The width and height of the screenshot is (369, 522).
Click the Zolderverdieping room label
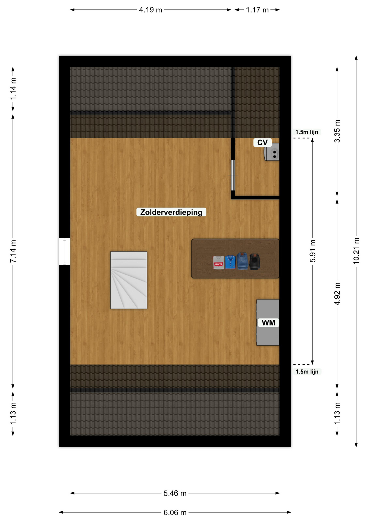coord(171,212)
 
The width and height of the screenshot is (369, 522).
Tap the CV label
coord(262,142)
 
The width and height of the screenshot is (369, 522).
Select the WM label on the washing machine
coord(268,323)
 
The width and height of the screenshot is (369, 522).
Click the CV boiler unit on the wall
coord(272,152)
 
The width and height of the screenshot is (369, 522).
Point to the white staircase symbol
coord(129,280)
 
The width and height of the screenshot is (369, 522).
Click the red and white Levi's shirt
coord(218,263)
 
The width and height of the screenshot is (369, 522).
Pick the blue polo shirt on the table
coord(230,262)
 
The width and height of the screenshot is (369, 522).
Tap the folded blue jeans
coord(242,261)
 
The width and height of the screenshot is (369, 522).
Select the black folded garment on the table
coord(255,262)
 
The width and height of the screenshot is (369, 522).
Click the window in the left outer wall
coord(64,251)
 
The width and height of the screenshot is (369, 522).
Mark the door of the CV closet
coord(233,175)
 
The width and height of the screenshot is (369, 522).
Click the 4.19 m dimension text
coord(151,10)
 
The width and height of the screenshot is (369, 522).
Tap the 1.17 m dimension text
coord(257,10)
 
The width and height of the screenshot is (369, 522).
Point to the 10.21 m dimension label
coord(356,251)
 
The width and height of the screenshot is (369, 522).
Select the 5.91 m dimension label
coord(312,251)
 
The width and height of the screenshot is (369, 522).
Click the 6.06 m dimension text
coord(175,512)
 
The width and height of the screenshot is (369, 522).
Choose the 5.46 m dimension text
coord(175,493)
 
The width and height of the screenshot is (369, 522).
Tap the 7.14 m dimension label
coord(13,251)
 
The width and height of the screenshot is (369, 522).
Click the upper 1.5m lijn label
coord(307,132)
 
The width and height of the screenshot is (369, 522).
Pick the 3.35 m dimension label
coord(337,131)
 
